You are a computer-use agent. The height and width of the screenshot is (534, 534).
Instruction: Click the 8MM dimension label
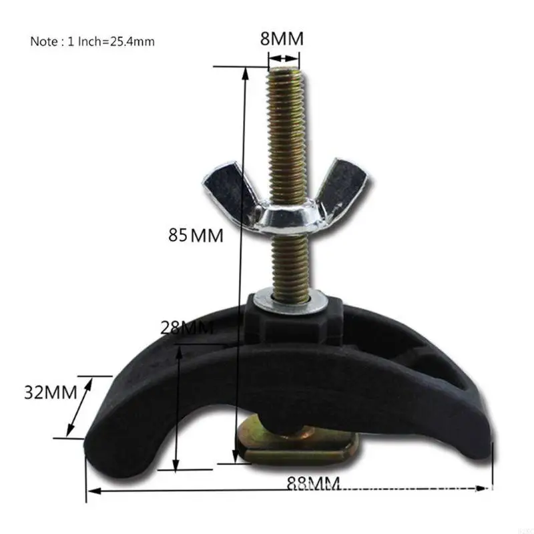(282, 39)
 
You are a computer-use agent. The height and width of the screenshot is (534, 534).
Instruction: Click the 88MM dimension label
(313, 483)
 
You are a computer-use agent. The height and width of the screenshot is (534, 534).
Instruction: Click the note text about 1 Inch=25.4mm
(92, 41)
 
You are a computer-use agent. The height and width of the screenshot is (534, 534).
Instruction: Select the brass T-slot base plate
(304, 449)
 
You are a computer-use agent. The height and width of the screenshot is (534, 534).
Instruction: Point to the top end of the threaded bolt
(286, 73)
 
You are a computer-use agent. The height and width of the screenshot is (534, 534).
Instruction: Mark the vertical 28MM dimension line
(177, 407)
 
